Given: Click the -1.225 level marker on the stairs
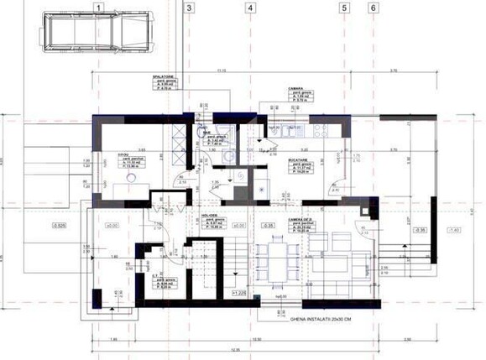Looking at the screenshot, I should [240, 294].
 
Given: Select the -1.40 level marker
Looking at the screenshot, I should [454, 230].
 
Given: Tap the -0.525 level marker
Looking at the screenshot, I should [59, 226].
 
